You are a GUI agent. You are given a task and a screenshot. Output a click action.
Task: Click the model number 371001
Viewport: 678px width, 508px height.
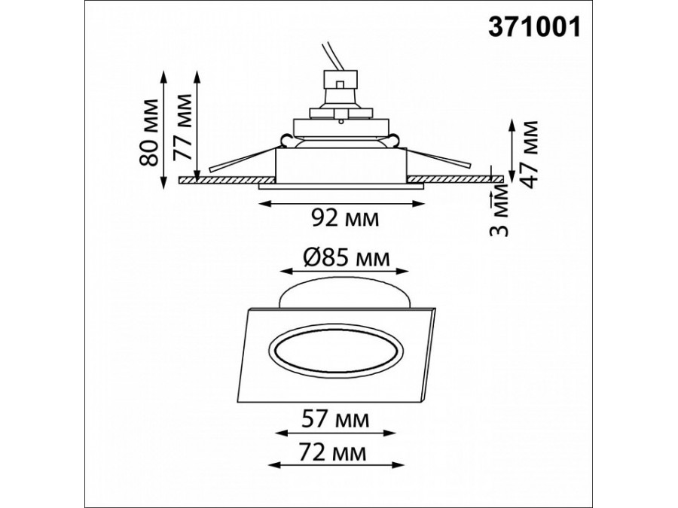[534, 27]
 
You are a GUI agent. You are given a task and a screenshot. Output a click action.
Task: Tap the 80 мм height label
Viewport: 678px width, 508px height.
[148, 132]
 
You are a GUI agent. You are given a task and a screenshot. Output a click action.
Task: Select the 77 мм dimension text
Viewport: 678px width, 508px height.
[182, 127]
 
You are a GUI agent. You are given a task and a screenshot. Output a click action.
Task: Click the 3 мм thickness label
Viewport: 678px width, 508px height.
[499, 211]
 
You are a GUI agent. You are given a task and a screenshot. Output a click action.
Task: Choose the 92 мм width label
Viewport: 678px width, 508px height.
[346, 218]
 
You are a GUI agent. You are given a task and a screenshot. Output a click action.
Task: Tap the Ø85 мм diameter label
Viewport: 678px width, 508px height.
[347, 258]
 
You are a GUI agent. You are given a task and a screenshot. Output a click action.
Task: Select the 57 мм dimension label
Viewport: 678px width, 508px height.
[336, 419]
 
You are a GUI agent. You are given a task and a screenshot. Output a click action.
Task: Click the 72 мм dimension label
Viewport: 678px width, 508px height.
[333, 453]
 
